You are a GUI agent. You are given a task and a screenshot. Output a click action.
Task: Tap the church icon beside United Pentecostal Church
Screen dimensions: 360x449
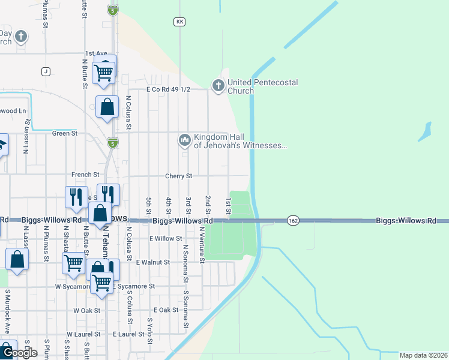tap(217, 86)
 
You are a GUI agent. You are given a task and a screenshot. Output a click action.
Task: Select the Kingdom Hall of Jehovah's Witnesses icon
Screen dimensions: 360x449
tap(184, 141)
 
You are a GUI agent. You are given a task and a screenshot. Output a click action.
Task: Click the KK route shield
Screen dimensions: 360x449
tap(179, 22)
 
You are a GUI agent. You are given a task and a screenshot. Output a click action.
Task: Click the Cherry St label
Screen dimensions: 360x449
tap(179, 176)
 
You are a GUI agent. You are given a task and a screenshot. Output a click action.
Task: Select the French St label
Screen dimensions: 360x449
tap(81, 175)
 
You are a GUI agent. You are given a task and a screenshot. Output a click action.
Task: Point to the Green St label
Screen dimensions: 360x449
tap(65, 133)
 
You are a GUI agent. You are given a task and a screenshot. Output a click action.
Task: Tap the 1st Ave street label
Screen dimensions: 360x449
tap(96, 53)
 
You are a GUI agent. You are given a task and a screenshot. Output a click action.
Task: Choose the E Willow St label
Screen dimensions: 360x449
tap(166, 238)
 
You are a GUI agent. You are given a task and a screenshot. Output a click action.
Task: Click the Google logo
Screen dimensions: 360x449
tap(19, 353)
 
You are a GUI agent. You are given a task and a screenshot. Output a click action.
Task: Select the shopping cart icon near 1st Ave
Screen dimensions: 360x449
tap(104, 72)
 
